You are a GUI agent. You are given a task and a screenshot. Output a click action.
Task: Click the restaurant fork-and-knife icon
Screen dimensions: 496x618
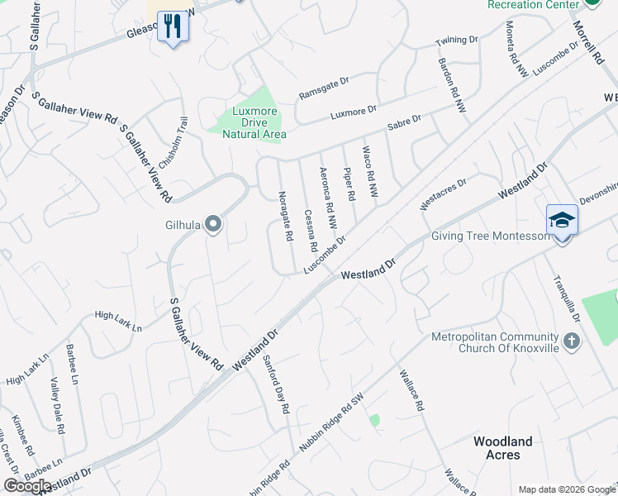tap(173, 26)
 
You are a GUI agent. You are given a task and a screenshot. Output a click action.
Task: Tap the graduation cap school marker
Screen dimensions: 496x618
tap(562, 221)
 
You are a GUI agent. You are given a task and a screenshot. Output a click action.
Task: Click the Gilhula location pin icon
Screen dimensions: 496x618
tap(213, 224)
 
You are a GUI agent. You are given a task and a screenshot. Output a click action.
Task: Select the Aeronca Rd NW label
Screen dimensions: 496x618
tap(328, 198)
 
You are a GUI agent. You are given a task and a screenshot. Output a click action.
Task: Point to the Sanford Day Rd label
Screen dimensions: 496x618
tap(276, 384)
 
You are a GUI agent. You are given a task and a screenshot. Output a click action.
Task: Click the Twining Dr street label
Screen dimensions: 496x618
tap(457, 41)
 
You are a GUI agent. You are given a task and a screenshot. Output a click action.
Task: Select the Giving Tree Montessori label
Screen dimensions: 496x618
tap(491, 236)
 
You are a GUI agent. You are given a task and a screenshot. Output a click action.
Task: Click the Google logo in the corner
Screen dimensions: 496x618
tap(27, 486)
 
